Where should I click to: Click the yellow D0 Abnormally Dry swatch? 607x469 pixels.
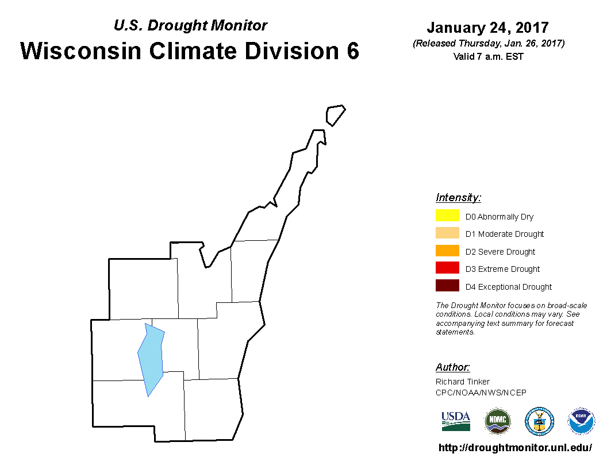tap(447, 215)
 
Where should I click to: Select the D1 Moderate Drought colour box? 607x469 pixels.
tap(447, 233)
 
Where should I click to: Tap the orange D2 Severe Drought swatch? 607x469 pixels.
tap(447, 251)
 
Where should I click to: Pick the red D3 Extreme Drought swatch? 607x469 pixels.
tap(447, 268)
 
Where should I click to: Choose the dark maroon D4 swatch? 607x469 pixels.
tap(447, 285)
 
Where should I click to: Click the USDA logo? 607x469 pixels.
tap(456, 421)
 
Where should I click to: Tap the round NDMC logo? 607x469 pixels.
tap(497, 421)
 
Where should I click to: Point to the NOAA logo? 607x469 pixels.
tap(581, 421)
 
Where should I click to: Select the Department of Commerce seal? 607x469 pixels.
tap(539, 421)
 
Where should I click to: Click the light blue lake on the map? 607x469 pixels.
tap(151, 358)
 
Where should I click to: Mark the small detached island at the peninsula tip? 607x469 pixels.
tap(335, 115)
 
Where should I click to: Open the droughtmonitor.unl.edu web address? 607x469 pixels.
tap(515, 448)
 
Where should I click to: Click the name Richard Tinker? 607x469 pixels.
tap(463, 382)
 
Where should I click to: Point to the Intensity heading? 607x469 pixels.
tap(458, 197)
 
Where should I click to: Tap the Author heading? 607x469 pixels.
tap(452, 367)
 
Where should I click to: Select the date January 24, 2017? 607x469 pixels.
tap(488, 28)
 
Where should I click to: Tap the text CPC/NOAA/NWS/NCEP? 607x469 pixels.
tap(481, 393)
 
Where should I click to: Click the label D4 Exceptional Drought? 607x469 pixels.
tap(508, 287)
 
